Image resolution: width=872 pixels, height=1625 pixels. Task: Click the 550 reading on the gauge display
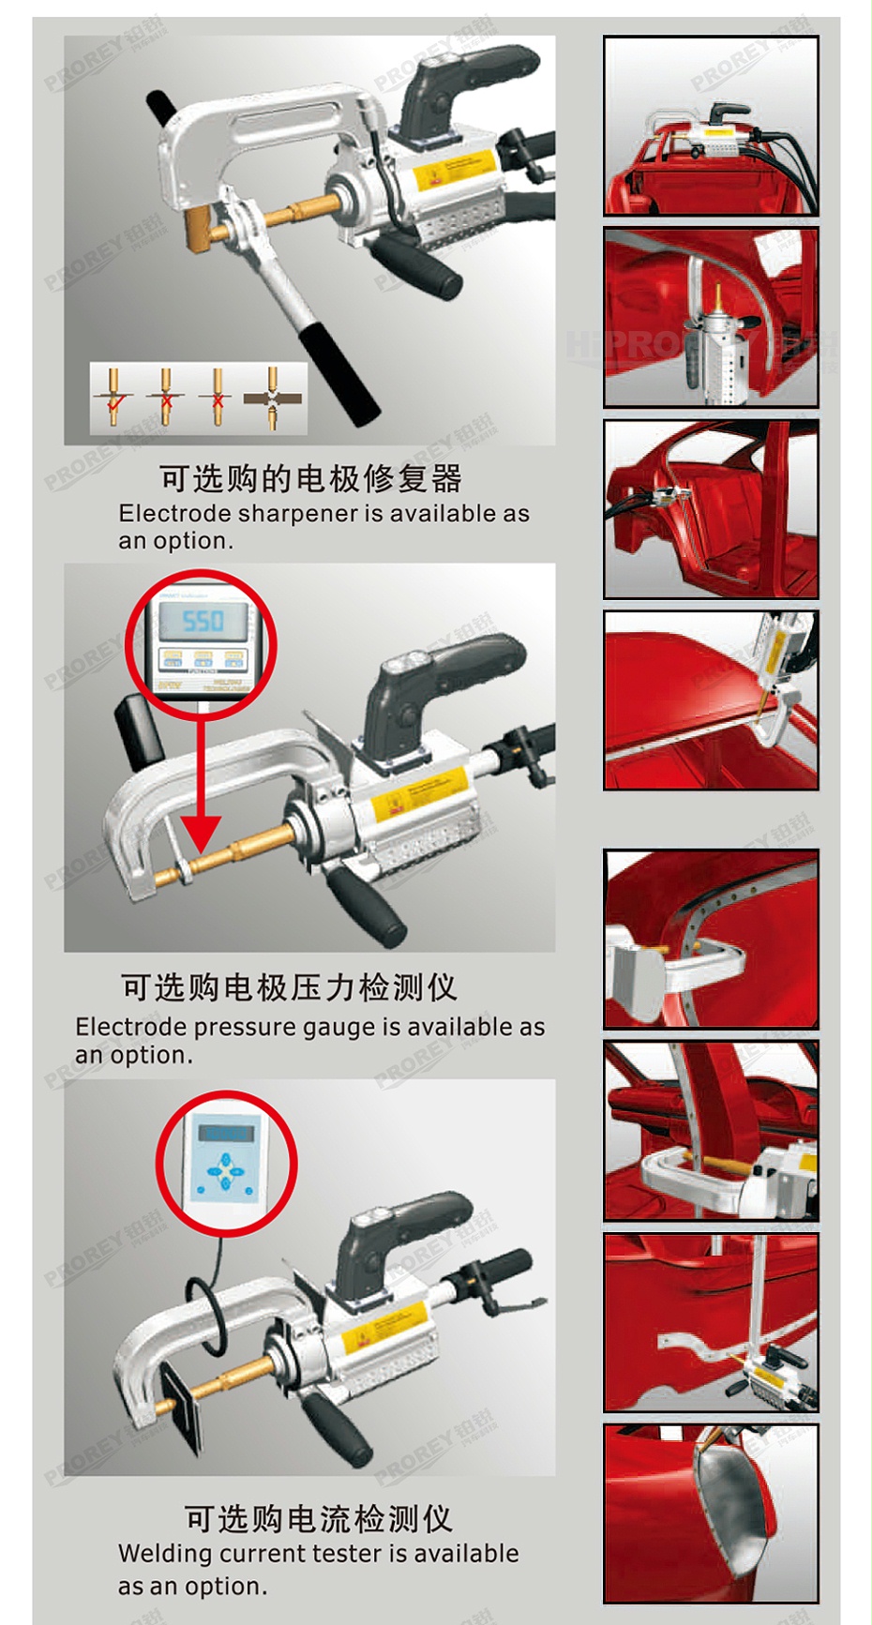point(203,621)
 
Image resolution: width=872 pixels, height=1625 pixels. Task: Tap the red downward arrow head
point(201,833)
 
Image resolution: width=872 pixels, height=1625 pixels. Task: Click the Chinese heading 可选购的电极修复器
point(309,478)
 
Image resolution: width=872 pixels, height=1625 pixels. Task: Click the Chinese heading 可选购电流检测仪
point(318,1518)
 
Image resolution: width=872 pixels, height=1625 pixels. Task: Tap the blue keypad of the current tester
point(225,1172)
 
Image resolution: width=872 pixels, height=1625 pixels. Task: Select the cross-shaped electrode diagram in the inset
point(273,398)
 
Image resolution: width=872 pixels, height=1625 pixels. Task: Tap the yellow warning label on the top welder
point(454,169)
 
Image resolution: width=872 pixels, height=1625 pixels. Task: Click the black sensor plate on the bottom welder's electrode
point(180,1407)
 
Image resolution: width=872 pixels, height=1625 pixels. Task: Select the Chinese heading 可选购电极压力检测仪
point(289,987)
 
